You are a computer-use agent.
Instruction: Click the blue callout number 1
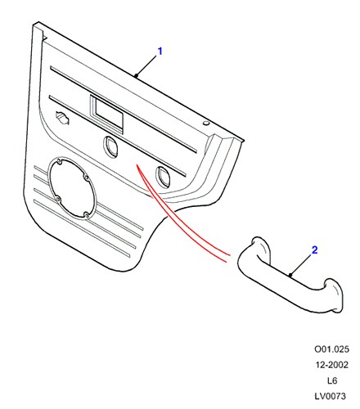click(160, 51)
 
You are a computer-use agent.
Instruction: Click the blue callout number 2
click(315, 249)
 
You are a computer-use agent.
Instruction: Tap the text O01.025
click(331, 349)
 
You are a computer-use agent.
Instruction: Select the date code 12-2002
click(332, 365)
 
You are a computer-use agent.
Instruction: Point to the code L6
click(332, 380)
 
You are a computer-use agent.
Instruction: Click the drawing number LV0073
click(331, 396)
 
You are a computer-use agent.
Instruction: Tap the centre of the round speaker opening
click(72, 188)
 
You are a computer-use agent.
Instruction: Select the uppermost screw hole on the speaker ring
click(59, 162)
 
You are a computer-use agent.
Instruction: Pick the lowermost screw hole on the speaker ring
click(86, 216)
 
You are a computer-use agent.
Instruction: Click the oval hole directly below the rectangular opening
click(110, 146)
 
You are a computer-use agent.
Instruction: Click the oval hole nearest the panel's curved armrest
click(163, 177)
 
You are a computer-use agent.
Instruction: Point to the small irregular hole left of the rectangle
click(62, 117)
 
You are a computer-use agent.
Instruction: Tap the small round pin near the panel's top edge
click(206, 123)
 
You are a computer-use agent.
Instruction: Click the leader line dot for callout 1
click(136, 75)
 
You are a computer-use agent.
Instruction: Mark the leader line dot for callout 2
click(291, 275)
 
